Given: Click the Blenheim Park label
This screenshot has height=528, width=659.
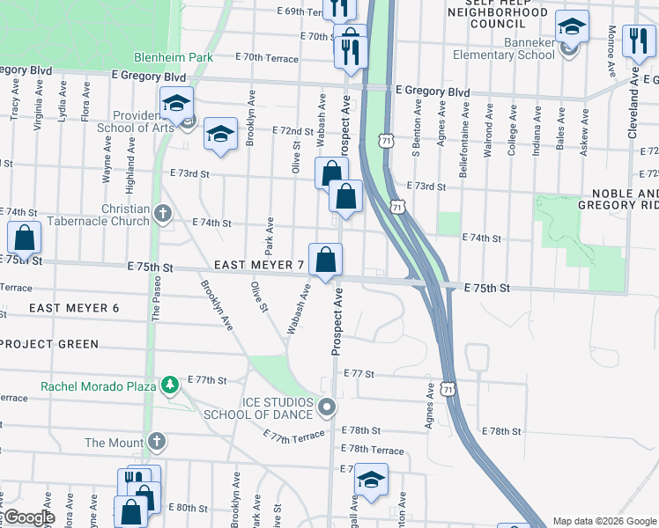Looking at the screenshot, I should click(174, 56).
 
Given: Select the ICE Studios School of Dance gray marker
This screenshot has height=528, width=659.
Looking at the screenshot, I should click(328, 407).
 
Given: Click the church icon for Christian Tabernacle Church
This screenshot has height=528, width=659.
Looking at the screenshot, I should click(162, 213).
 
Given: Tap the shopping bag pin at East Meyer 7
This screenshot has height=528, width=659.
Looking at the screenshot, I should click(326, 260).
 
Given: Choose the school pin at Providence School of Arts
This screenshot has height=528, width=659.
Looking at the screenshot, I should click(175, 104).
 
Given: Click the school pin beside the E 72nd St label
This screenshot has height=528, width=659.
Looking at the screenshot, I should click(220, 134).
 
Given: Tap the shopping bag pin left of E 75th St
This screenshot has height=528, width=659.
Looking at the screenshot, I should click(24, 238).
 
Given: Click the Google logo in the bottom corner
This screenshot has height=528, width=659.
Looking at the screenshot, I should click(28, 517).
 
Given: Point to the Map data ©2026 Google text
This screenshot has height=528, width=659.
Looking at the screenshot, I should click(603, 521).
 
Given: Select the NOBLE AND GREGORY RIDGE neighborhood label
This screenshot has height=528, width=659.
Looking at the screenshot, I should click(618, 199).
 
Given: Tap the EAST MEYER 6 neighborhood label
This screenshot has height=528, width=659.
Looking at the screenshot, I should click(73, 308).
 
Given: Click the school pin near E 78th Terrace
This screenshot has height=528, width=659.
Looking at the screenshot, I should click(372, 480).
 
